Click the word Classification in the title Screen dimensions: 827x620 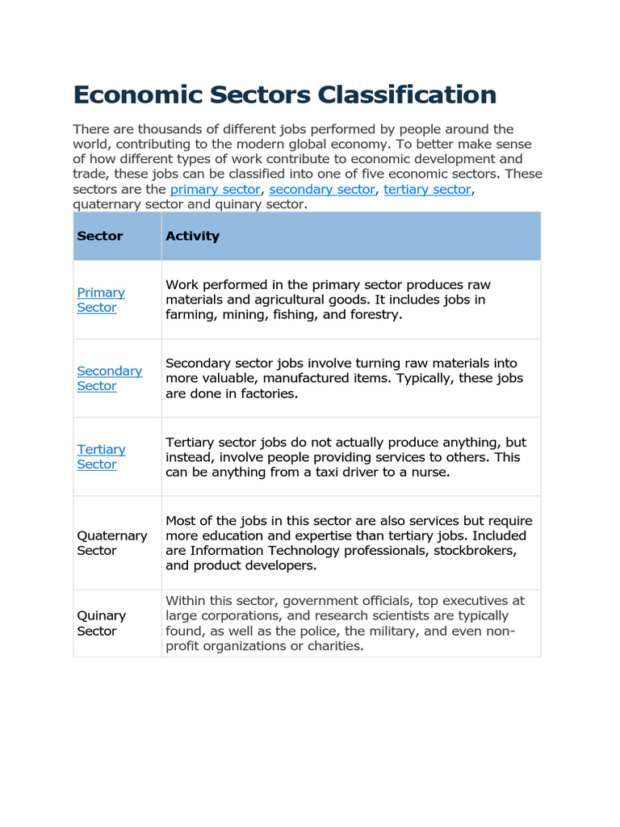point(406,95)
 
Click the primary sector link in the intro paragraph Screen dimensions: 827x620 point(215,189)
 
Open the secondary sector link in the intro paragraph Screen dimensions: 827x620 point(322,189)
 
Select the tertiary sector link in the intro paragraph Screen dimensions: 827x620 point(427,189)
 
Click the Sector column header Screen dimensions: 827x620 point(100,236)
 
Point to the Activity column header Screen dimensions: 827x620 point(192,236)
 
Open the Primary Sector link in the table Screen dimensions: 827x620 point(100,300)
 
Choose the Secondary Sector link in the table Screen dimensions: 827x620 point(109,378)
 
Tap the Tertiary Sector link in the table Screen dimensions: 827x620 point(101,456)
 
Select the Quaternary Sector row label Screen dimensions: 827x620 point(111,543)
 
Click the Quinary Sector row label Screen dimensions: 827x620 point(101,623)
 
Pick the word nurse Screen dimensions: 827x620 point(429,472)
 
